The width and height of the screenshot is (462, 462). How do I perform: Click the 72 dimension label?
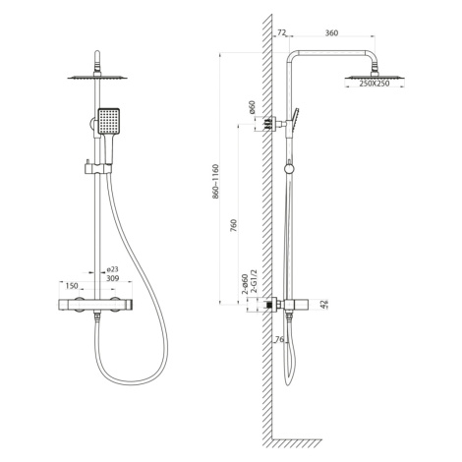[x=282, y=32]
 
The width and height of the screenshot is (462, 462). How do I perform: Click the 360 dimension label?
[x=331, y=32]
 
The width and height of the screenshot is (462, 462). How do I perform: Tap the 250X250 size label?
[x=375, y=84]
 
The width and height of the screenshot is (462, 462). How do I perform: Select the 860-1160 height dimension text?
[x=215, y=182]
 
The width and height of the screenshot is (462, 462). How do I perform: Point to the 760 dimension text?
[x=234, y=226]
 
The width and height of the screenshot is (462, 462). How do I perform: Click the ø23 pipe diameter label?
[x=112, y=269]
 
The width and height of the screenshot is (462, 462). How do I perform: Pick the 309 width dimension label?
[x=112, y=278]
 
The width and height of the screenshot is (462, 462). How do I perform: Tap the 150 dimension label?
[x=72, y=286]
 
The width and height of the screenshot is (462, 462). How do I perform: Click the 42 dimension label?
[x=324, y=305]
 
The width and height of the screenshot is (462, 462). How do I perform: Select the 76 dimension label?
[x=279, y=339]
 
